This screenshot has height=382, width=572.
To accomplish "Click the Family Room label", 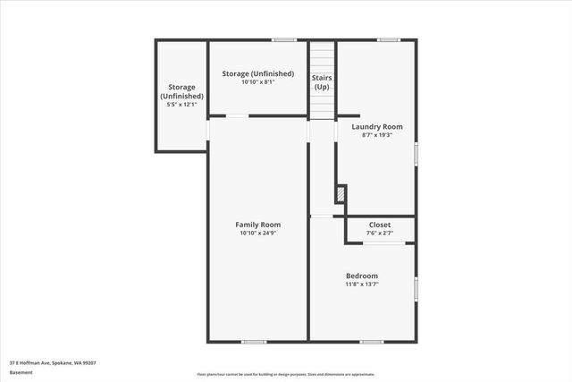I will click(258, 225).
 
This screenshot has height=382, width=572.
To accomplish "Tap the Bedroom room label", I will click(362, 276).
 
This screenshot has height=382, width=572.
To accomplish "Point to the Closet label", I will click(379, 225).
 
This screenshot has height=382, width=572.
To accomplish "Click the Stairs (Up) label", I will click(322, 83).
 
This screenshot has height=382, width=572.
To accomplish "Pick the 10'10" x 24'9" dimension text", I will click(258, 233).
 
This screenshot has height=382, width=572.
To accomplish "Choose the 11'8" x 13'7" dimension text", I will click(362, 284).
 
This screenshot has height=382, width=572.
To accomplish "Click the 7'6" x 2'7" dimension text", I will click(379, 233).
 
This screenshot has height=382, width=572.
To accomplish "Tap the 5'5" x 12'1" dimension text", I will click(181, 105).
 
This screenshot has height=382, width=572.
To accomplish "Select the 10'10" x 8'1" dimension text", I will click(258, 81).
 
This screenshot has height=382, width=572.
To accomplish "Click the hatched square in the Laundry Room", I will click(341, 193).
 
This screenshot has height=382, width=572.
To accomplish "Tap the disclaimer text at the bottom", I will click(286, 375).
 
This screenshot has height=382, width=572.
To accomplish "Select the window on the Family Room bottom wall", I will click(254, 341).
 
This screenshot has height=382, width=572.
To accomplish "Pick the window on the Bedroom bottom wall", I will click(372, 341).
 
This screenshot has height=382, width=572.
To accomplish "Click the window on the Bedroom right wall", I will click(416, 289).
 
